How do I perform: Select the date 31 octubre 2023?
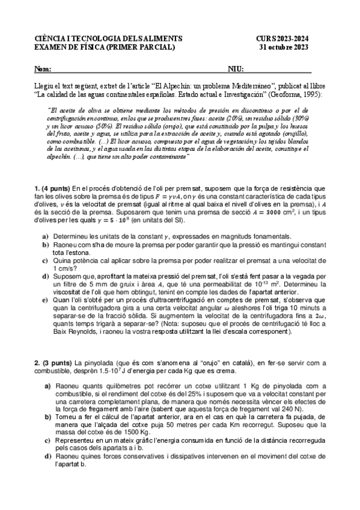(291, 47)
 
